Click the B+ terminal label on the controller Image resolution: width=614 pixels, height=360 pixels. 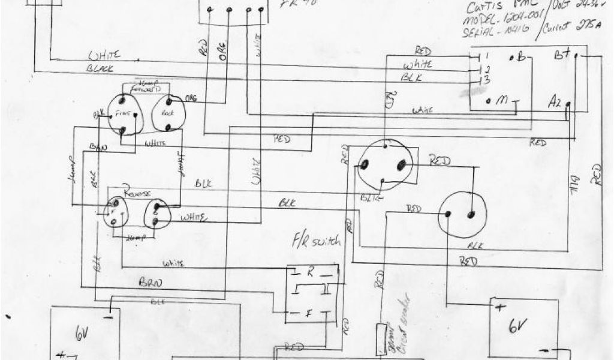pos(561,55)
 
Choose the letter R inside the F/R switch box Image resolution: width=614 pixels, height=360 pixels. pos(310,271)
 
